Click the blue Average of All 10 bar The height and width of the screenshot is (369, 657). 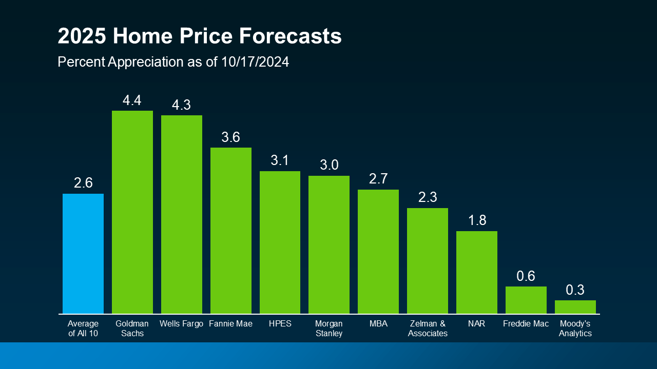point(83,254)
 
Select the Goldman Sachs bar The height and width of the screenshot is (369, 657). point(132,212)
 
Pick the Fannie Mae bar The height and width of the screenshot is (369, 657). point(231,231)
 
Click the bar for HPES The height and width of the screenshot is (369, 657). point(280,242)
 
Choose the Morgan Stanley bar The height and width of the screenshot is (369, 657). point(329,244)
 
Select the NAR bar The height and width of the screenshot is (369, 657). point(477,272)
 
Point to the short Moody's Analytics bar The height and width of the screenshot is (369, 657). point(575,307)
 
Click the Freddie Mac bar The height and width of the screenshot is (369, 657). point(526,300)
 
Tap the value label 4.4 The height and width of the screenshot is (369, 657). point(132,100)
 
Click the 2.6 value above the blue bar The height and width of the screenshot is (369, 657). point(83,183)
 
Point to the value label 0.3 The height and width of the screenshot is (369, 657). point(575,290)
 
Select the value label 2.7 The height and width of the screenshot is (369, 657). point(378,179)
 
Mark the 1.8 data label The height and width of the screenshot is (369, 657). point(477,220)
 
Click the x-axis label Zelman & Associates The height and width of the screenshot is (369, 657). point(428,329)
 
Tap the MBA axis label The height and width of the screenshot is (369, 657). point(378,324)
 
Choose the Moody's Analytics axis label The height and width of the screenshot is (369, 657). point(575,329)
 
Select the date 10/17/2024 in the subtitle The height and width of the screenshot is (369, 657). point(255,63)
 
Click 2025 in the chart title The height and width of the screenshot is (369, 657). point(82,37)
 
